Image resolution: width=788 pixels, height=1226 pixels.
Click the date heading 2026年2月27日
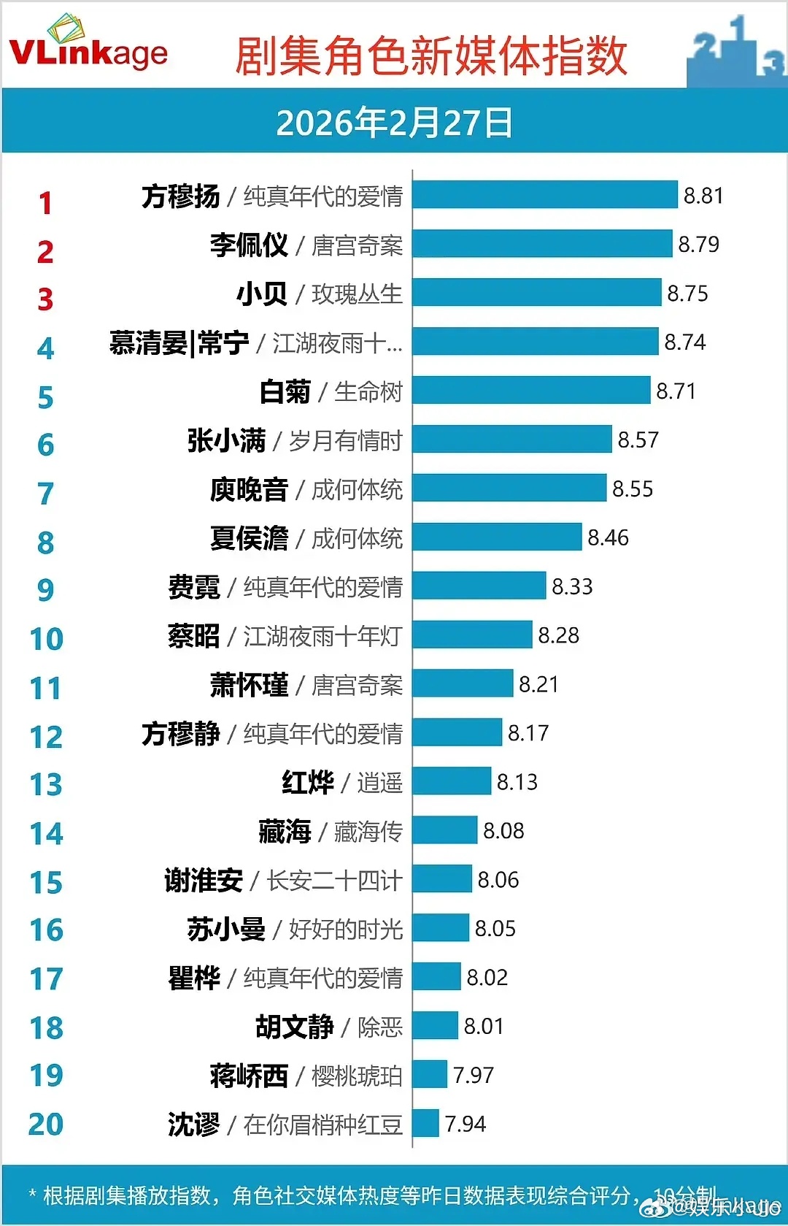click(x=394, y=122)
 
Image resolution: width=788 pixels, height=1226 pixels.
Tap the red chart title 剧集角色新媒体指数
click(x=430, y=56)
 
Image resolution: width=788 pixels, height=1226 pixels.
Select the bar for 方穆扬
click(x=544, y=195)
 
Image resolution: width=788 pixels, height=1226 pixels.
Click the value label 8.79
click(x=698, y=244)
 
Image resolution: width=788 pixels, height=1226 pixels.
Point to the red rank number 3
click(x=45, y=299)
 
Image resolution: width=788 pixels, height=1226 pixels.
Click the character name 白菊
click(x=285, y=392)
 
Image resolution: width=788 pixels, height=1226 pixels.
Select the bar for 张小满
click(x=511, y=440)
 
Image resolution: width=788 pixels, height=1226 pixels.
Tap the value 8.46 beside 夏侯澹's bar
click(x=608, y=537)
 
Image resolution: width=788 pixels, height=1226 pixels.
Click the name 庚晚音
click(x=249, y=489)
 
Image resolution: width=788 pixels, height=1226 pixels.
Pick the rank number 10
click(x=46, y=639)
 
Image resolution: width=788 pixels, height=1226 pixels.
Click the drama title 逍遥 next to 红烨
click(x=379, y=783)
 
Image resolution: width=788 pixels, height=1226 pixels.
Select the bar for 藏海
click(x=444, y=830)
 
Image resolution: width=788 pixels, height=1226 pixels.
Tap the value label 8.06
click(x=498, y=879)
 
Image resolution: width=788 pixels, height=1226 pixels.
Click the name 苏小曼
click(x=226, y=929)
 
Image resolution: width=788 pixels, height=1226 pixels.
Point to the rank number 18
click(x=46, y=1028)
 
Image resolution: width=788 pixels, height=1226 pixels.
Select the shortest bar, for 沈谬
click(x=425, y=1123)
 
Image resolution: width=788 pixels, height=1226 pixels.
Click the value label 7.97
click(x=473, y=1075)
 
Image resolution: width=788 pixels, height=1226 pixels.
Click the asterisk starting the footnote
click(x=32, y=1195)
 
